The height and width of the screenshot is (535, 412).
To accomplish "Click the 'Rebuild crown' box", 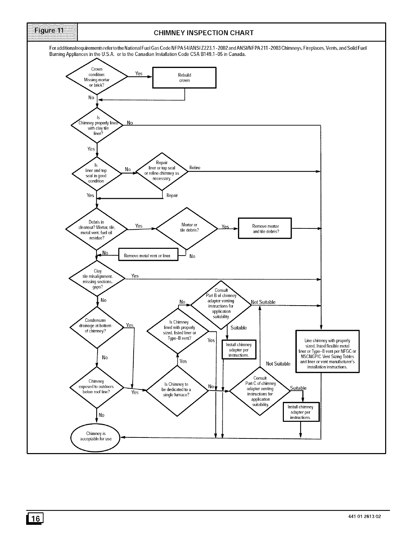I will pos(184,78).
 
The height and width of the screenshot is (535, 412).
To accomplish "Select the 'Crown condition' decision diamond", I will pos(97,77).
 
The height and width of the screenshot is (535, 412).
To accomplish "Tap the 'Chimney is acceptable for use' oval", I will pos(96,436).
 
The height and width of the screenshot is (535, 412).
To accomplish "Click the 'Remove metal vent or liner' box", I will pos(148,255).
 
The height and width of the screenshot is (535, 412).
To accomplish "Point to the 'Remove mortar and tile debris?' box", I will pos(265,228).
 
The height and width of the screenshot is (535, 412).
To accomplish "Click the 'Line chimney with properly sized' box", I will pos(327,351).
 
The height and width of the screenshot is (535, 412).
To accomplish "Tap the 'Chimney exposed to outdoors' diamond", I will pos(97,387).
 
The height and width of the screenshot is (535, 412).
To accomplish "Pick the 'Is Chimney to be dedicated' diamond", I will pos(177,390).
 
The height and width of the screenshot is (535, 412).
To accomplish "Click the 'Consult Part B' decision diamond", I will pos(221,304).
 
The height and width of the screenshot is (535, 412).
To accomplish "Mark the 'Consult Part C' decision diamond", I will pos(260,391).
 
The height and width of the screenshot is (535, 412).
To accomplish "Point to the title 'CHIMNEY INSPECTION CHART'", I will pos(204,33).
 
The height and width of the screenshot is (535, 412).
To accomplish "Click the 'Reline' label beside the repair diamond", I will pos(195,168).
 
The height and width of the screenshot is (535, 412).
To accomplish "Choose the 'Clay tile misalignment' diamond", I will pos(98,279).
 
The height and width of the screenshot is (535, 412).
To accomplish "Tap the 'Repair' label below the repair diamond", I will pos(172,195).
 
